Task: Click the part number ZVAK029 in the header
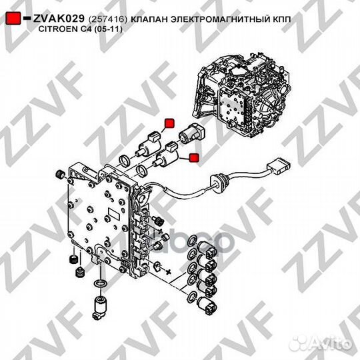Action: [x=59, y=18]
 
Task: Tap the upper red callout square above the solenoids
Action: [x=169, y=122]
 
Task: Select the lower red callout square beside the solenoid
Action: [x=194, y=157]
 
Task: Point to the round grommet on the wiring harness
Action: [x=215, y=179]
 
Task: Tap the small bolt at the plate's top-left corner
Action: [x=59, y=175]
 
